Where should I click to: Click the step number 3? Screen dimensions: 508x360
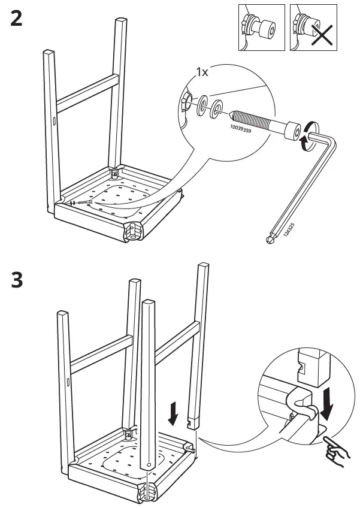pyautogui.click(x=17, y=280)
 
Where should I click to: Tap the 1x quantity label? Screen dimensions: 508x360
pyautogui.click(x=202, y=72)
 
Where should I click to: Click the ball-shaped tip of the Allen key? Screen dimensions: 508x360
pyautogui.click(x=269, y=240)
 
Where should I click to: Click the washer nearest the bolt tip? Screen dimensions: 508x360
pyautogui.click(x=218, y=108)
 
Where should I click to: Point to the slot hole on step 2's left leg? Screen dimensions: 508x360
pyautogui.click(x=54, y=122)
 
